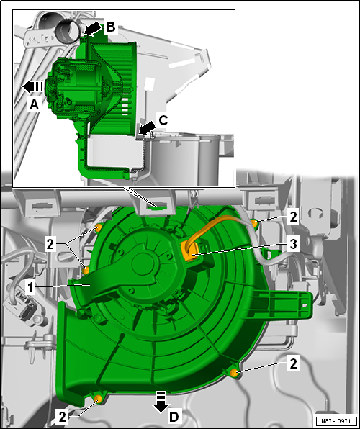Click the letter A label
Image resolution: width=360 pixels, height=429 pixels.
click(x=34, y=104)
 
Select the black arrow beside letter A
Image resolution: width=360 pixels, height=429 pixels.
click(x=32, y=86)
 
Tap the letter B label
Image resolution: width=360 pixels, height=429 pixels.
click(x=110, y=27)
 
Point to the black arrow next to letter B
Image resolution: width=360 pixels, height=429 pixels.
click(x=91, y=30)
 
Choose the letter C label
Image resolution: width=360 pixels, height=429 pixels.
click(x=163, y=120)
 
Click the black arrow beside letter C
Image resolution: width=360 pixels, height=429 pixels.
click(x=146, y=128)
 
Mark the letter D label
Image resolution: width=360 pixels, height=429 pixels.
click(x=174, y=417)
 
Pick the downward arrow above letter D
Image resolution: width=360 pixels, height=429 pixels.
click(x=161, y=402)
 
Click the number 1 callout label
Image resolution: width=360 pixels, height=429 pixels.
click(x=31, y=288)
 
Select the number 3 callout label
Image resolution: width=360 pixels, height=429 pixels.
click(x=293, y=244)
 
